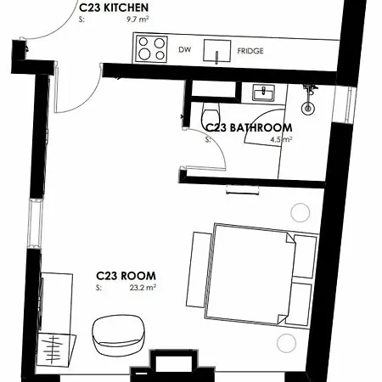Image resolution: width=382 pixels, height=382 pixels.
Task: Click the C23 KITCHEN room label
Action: click(114, 8)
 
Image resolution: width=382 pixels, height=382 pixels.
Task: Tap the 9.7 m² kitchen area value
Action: click(138, 20)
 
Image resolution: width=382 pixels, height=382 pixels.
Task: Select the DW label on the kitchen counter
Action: click(185, 49)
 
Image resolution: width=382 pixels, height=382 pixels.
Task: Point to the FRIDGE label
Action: click(250, 51)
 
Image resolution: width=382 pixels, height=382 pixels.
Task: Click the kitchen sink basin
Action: click(217, 51)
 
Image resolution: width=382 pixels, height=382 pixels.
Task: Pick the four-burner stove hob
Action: click(151, 48)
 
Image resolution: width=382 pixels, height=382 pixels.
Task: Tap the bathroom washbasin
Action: click(263, 93)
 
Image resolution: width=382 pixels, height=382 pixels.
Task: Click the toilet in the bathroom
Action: click(210, 114)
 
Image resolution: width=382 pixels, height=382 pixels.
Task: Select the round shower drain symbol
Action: click(308, 109)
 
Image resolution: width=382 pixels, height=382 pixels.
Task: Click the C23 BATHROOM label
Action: click(249, 128)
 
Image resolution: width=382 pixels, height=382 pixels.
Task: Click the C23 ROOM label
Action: click(126, 276)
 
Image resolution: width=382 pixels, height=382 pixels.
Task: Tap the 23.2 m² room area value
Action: click(143, 288)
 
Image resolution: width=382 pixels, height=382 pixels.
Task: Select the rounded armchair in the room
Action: click(119, 335)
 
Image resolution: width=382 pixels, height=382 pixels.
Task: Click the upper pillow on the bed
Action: click(305, 256)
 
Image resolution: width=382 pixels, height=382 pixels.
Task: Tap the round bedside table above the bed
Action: click(301, 212)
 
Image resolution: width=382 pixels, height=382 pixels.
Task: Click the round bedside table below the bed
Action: click(286, 343)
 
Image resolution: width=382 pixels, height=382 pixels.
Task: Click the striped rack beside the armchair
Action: click(56, 349)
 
